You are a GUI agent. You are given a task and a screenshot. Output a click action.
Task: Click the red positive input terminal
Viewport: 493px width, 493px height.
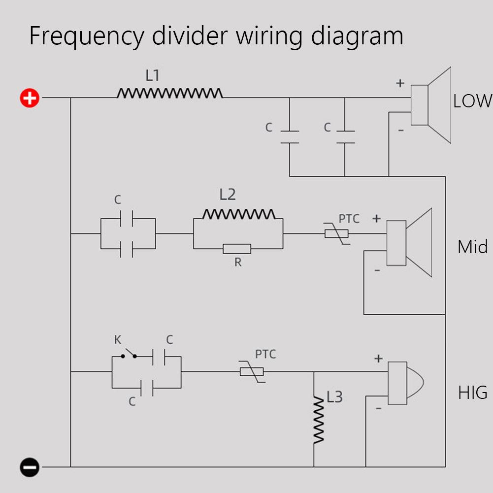pyautogui.click(x=30, y=98)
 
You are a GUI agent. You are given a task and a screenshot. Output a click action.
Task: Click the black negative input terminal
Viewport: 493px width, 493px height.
pyautogui.click(x=30, y=467)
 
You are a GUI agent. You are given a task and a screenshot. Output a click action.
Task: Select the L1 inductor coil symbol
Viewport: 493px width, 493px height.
pyautogui.click(x=170, y=93)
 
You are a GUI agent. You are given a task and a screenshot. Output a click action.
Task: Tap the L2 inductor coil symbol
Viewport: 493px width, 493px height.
pyautogui.click(x=239, y=214)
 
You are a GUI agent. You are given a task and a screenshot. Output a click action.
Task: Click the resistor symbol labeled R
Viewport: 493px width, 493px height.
pyautogui.click(x=237, y=249)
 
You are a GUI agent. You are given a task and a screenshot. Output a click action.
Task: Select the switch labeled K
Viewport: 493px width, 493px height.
pyautogui.click(x=129, y=354)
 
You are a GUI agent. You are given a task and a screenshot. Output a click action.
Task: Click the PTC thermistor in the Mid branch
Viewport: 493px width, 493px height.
pyautogui.click(x=337, y=233)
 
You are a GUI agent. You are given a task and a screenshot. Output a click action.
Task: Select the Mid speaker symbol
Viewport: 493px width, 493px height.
pyautogui.click(x=408, y=243)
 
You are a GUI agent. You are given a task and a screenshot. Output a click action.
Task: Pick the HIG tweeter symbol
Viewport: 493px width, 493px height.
pyautogui.click(x=404, y=383)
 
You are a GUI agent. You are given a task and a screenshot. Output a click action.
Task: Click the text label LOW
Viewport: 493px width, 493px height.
pyautogui.click(x=472, y=101)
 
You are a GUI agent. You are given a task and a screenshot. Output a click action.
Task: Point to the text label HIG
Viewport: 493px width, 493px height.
pyautogui.click(x=473, y=393)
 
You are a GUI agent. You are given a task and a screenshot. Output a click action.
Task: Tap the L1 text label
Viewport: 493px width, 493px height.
pyautogui.click(x=153, y=75)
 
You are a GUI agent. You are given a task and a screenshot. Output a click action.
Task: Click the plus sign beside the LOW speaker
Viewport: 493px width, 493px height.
pyautogui.click(x=400, y=83)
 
